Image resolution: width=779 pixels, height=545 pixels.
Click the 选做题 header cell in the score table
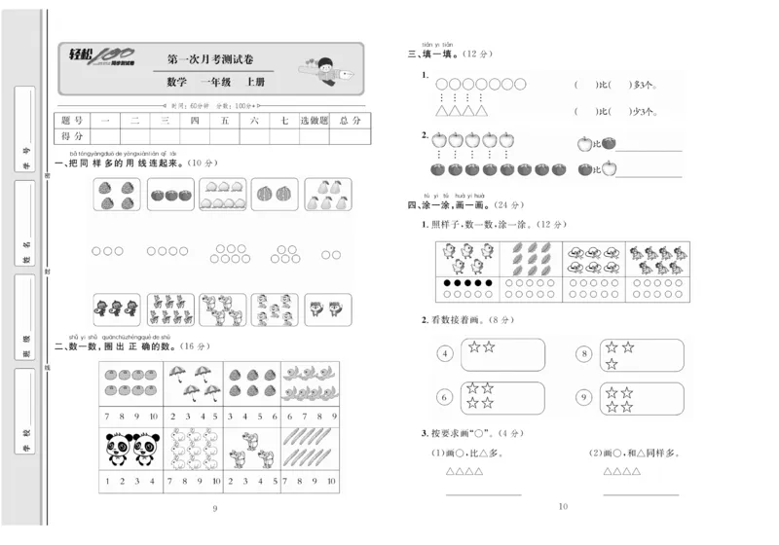[x=314, y=120]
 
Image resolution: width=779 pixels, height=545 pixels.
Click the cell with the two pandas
[x=130, y=449]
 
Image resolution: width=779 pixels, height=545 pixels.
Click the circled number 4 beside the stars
[x=445, y=354]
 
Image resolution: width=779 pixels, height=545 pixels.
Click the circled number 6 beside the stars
[x=445, y=397]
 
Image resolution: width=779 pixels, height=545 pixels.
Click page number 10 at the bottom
[x=562, y=506]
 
